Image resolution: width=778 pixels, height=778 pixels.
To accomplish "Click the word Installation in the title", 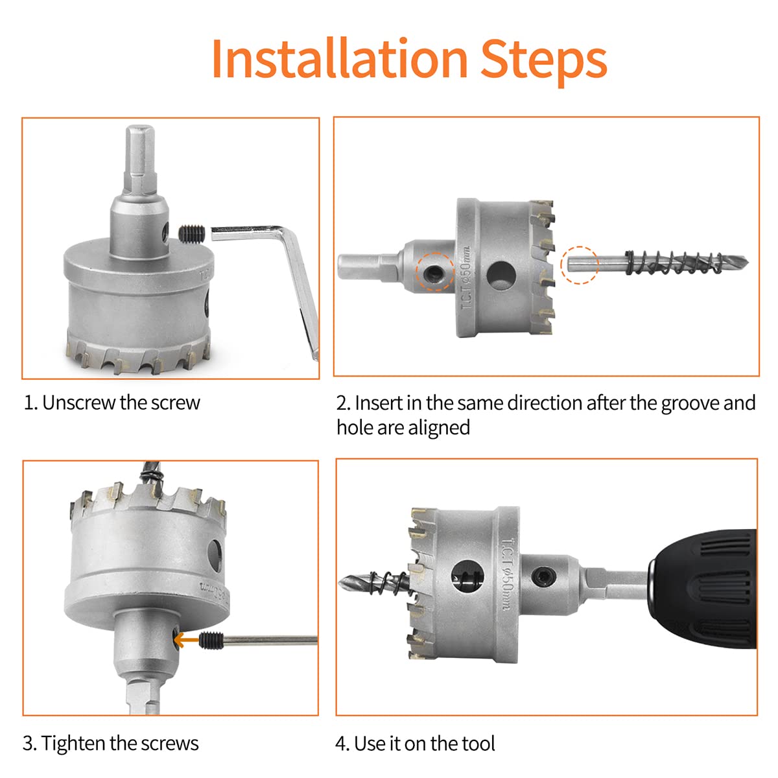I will click(339, 60).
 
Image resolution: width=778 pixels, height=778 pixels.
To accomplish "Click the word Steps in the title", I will click(543, 60).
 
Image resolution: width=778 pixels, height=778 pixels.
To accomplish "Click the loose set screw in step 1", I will click(191, 232).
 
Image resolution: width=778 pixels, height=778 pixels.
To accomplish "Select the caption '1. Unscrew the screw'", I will click(112, 403).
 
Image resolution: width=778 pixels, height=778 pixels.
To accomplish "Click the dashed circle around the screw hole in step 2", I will click(435, 271).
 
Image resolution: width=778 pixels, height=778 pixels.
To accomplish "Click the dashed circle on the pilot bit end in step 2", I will click(579, 265).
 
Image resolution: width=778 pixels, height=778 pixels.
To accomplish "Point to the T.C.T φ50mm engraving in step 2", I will click(466, 285).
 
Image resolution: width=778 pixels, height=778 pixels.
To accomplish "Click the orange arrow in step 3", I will click(189, 641).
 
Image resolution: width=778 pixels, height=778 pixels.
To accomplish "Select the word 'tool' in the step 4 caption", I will click(477, 743).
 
